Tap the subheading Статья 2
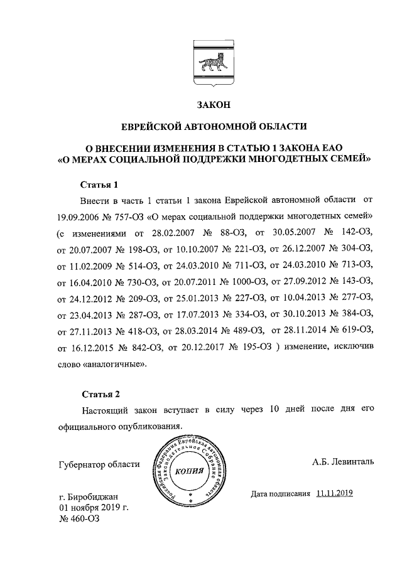click(100, 394)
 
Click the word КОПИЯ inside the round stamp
click(190, 471)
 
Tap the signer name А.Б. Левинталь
click(342, 462)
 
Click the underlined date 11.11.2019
click(335, 493)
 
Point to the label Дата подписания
click(281, 493)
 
